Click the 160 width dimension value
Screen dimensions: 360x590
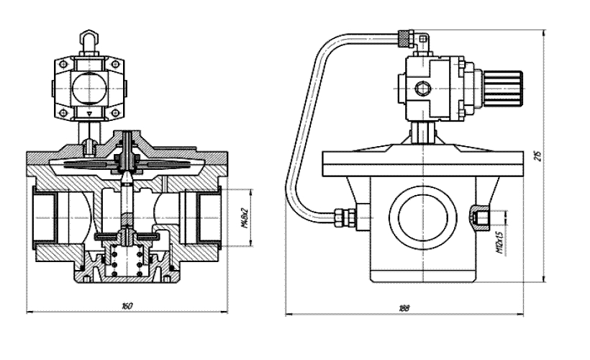pyautogui.click(x=127, y=307)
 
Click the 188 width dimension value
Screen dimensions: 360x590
pyautogui.click(x=404, y=308)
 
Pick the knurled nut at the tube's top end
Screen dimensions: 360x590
pyautogui.click(x=405, y=35)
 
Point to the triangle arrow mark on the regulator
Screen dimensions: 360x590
pyautogui.click(x=88, y=113)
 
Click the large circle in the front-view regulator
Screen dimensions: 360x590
pyautogui.click(x=88, y=90)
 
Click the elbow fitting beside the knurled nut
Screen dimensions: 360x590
pyautogui.click(x=419, y=43)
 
